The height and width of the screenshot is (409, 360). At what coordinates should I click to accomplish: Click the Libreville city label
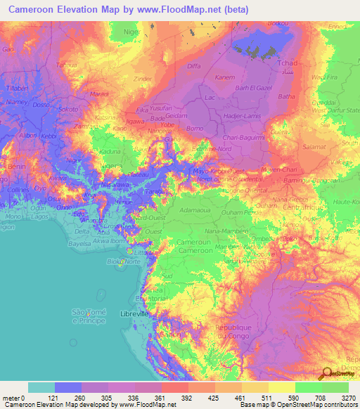136,313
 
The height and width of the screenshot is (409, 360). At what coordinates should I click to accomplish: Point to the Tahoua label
86,64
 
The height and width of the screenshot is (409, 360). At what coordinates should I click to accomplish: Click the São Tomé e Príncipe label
89,316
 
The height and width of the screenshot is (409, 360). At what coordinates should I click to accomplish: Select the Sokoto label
68,110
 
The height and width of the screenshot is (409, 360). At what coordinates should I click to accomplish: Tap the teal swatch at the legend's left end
41,387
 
